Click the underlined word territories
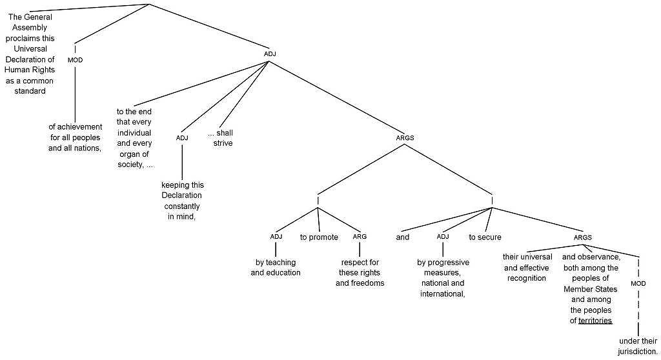(x=595, y=321)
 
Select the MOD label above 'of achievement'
(x=75, y=60)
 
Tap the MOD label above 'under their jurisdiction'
(x=638, y=283)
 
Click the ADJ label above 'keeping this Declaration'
(x=181, y=137)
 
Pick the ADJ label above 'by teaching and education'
(x=276, y=237)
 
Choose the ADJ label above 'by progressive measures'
(x=442, y=237)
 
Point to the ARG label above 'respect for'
(x=360, y=237)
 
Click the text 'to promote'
(x=319, y=237)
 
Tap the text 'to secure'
(x=485, y=237)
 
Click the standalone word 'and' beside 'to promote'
(x=403, y=237)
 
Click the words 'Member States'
(x=590, y=289)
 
